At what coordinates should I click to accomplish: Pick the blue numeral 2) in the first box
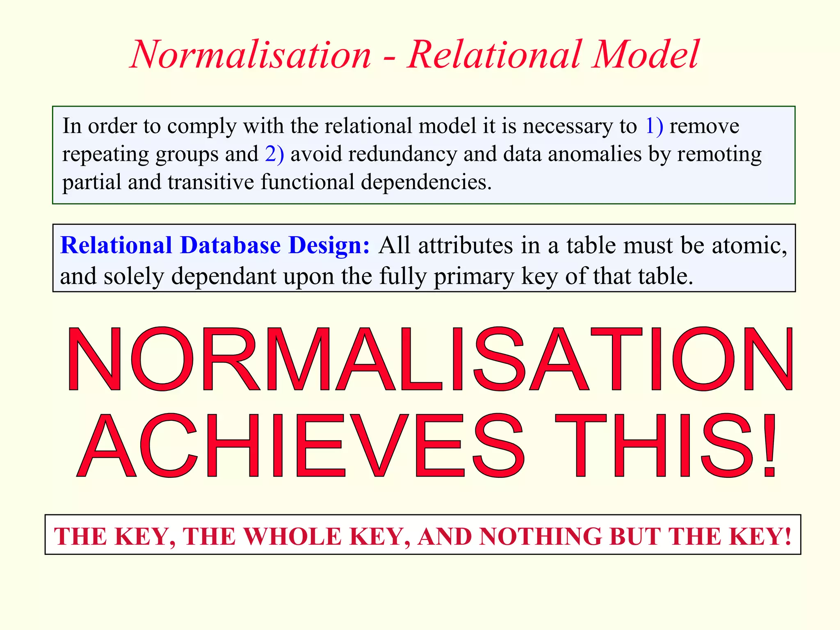click(x=274, y=154)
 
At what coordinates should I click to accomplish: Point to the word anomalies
click(x=594, y=154)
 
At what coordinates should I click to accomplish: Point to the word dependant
click(x=224, y=276)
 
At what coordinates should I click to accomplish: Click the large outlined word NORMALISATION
click(x=430, y=359)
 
